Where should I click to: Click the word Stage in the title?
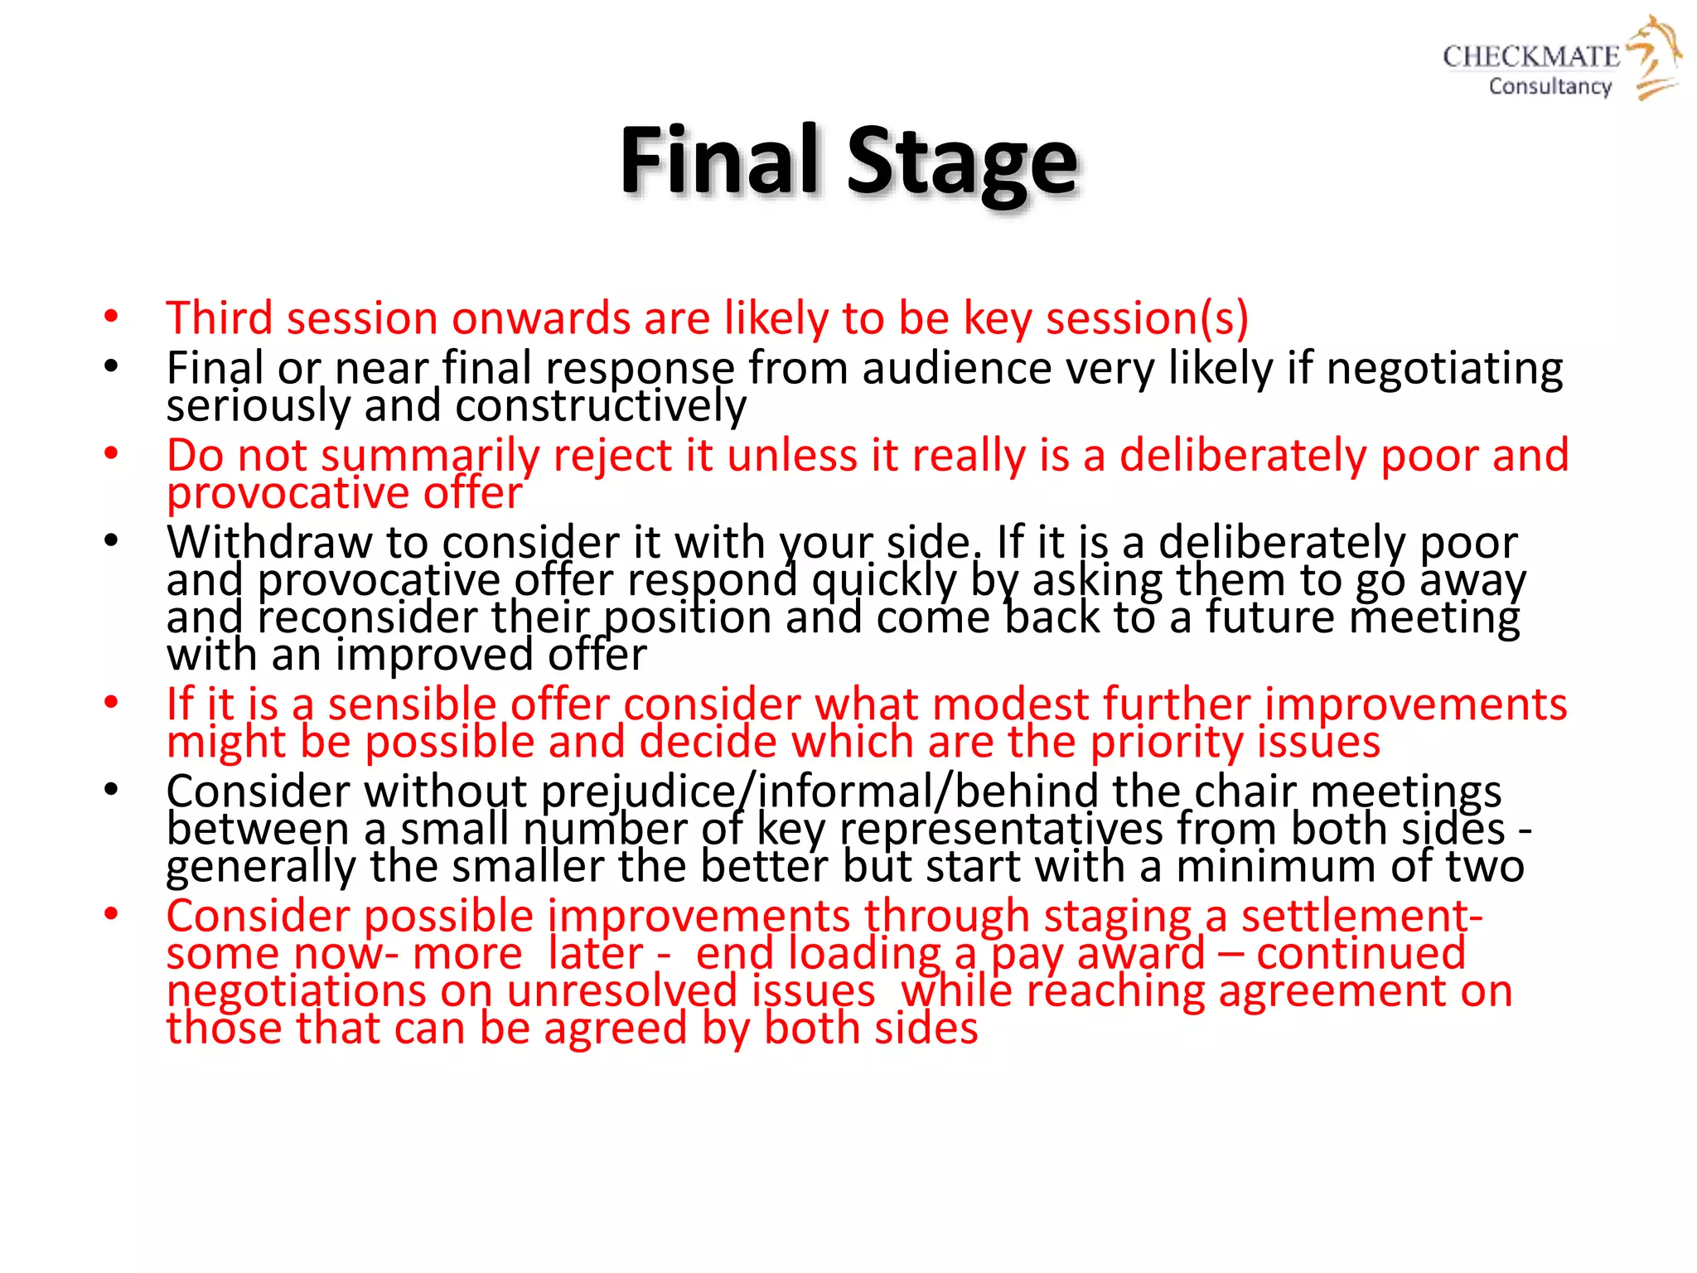point(961,162)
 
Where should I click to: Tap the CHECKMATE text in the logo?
point(1530,56)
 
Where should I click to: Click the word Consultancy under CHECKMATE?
point(1550,86)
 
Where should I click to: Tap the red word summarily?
point(431,456)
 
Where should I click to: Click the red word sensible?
point(412,704)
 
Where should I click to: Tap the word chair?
point(1244,791)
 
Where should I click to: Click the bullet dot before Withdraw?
point(111,541)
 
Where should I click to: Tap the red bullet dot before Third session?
point(111,317)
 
